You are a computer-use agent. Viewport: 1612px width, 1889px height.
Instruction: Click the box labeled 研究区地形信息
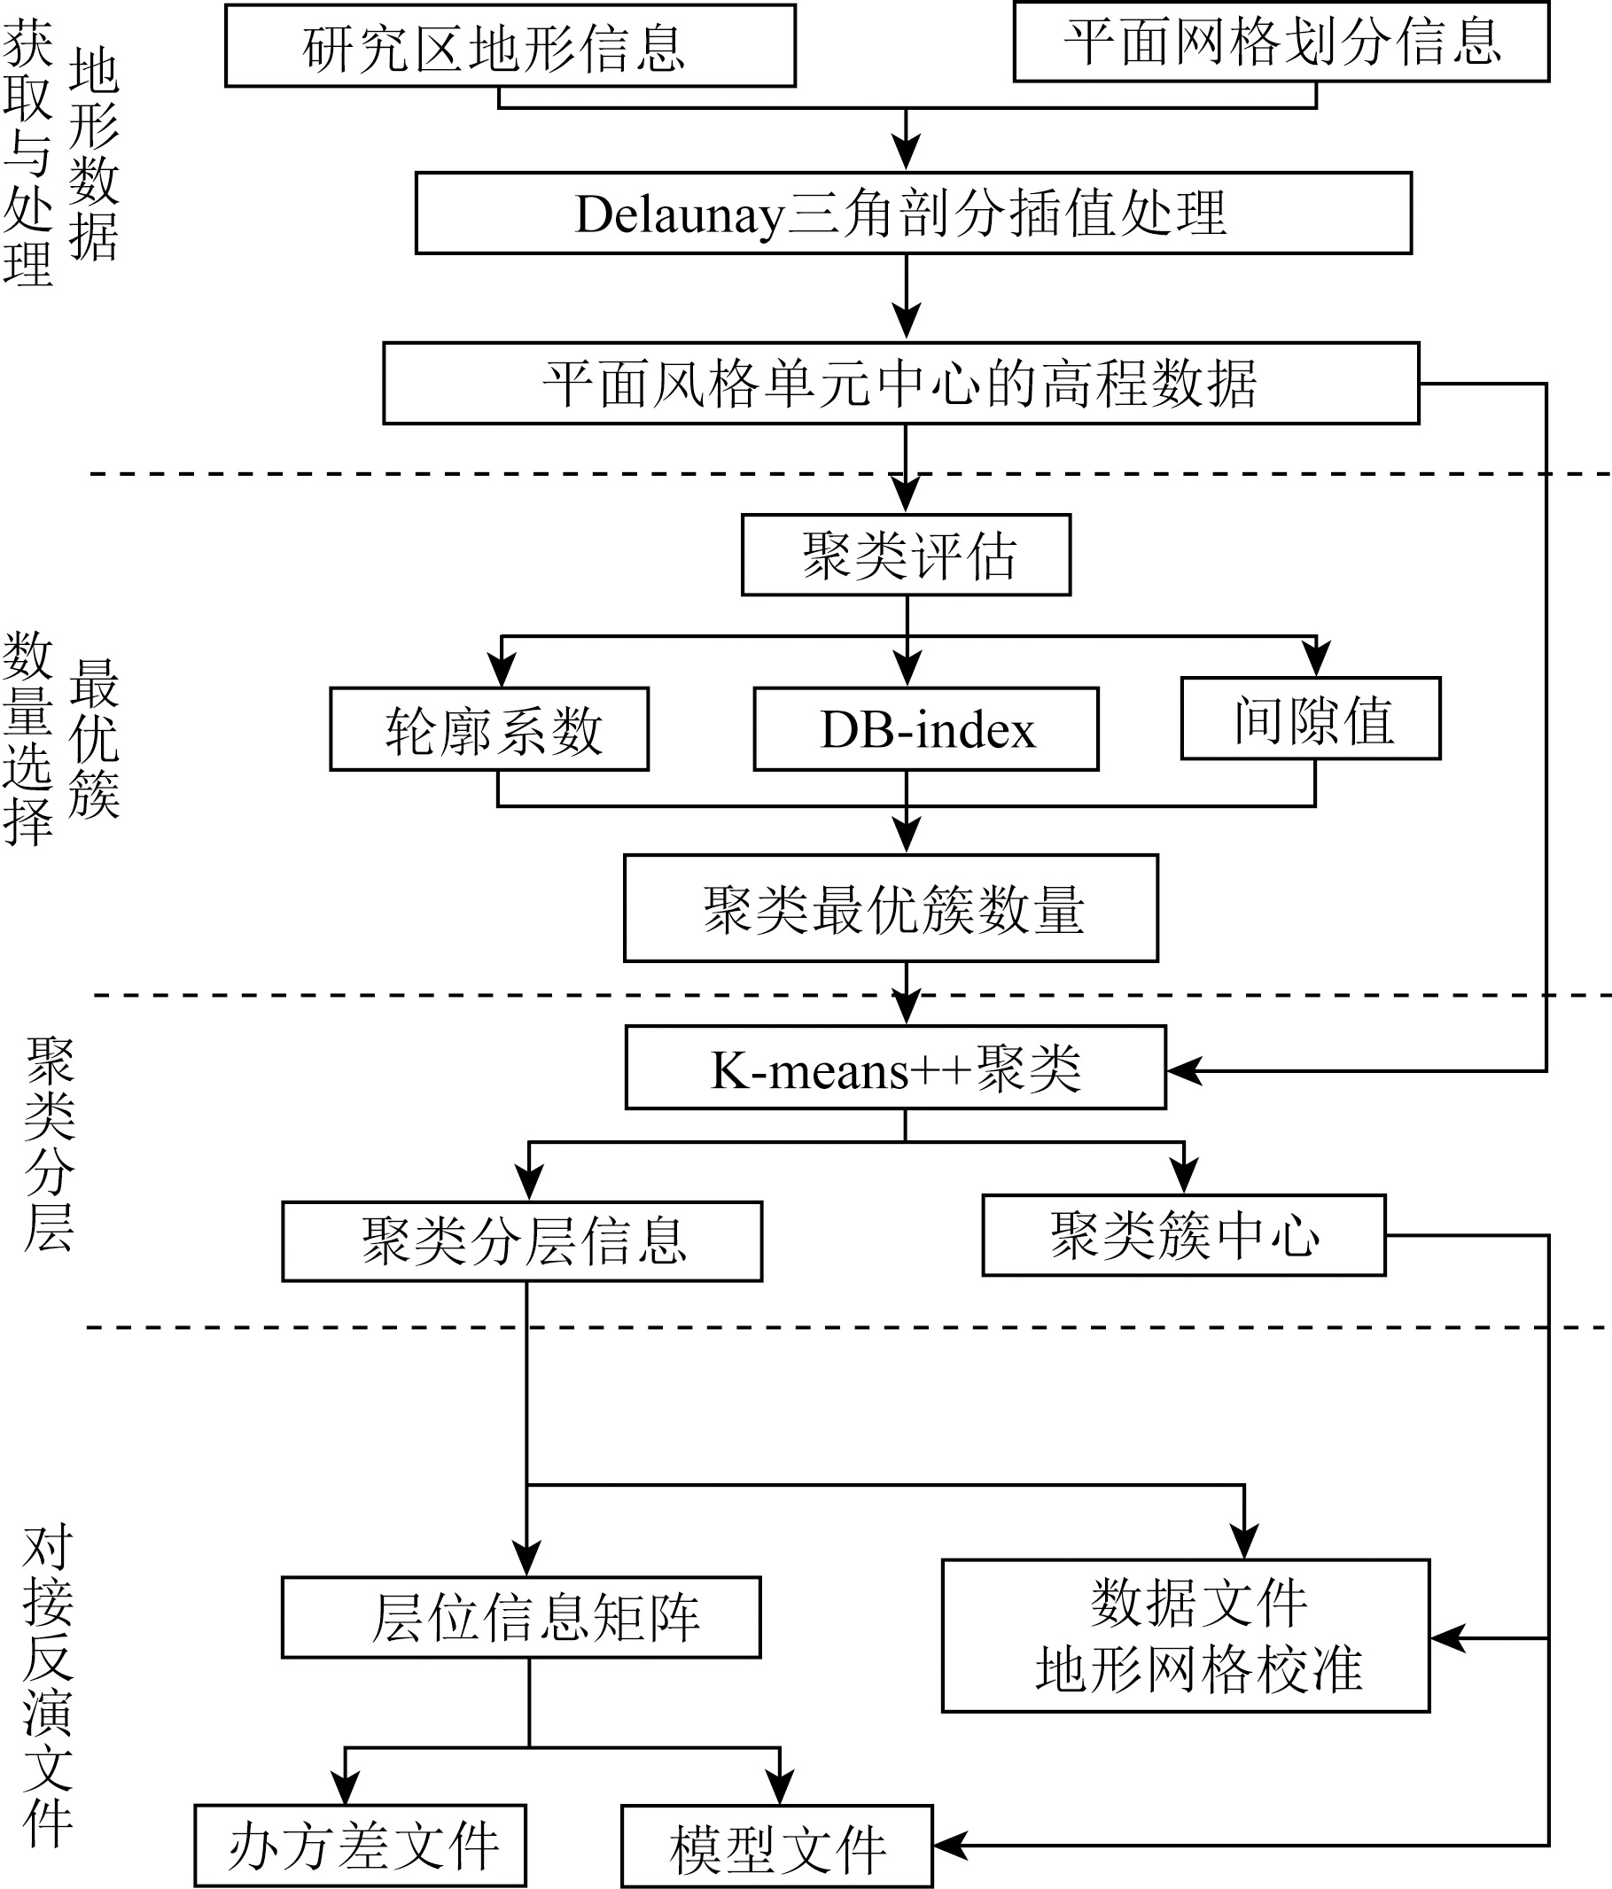(x=510, y=45)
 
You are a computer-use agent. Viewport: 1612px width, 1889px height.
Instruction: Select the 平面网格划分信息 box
(x=1281, y=42)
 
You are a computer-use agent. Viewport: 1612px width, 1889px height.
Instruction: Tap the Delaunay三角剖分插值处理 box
(x=913, y=214)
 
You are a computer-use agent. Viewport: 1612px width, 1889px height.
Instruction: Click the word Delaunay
(x=679, y=215)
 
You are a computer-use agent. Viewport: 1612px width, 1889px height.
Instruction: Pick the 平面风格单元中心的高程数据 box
(x=899, y=383)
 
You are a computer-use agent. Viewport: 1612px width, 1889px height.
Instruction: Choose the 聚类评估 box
(x=906, y=556)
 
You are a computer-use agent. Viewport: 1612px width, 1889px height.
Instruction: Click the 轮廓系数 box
(x=488, y=729)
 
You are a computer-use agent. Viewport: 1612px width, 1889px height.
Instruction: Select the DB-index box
(x=925, y=729)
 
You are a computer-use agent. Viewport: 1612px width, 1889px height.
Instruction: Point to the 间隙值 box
(x=1310, y=719)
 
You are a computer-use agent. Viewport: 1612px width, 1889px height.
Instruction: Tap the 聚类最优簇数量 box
(x=891, y=908)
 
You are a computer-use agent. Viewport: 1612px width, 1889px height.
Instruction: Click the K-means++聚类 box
(x=895, y=1068)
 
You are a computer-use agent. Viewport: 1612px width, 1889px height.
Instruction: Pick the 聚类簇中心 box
(x=1183, y=1235)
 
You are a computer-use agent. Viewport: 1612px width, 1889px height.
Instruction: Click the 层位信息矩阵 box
(x=520, y=1617)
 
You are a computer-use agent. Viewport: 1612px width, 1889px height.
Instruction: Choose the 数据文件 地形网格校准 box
(x=1186, y=1636)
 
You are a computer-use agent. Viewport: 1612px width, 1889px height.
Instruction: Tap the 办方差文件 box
(x=360, y=1846)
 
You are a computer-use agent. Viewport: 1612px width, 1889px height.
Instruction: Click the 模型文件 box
(x=777, y=1846)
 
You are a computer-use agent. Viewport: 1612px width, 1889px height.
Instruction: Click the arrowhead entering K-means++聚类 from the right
(x=1183, y=1071)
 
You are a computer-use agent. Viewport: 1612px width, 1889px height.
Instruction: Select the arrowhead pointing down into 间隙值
(x=1316, y=658)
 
